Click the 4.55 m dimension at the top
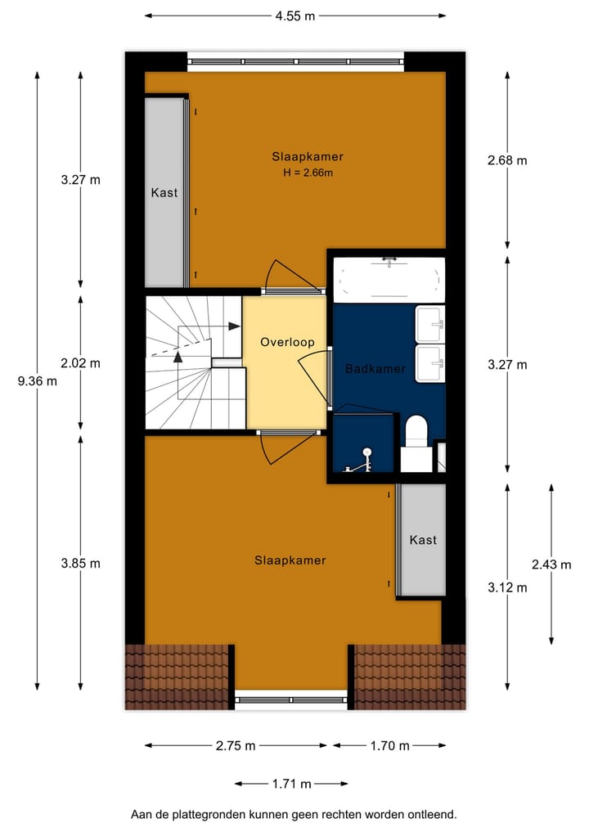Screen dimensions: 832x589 click(295, 15)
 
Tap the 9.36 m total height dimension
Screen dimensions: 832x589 click(38, 380)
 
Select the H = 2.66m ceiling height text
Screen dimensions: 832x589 click(307, 173)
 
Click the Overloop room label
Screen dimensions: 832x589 click(287, 342)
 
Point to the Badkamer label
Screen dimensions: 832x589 click(375, 369)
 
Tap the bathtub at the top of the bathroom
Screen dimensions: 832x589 click(389, 277)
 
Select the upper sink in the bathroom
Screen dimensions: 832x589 click(430, 324)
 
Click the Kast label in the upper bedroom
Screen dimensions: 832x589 click(164, 193)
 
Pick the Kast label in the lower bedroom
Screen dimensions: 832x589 click(423, 540)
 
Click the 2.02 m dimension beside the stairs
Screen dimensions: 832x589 click(81, 363)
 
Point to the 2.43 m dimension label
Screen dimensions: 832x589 click(551, 564)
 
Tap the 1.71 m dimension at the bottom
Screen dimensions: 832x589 click(292, 784)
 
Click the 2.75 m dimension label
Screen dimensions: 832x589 click(236, 745)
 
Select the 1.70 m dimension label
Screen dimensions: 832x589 click(389, 745)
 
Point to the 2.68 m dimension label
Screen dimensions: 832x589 click(507, 160)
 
